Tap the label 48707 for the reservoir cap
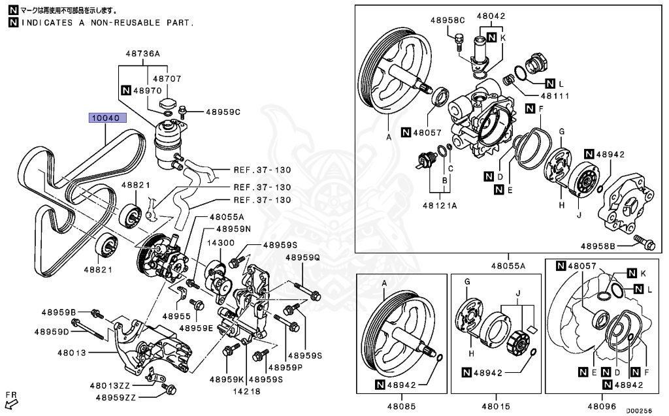(x=168, y=78)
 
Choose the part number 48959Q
(x=303, y=257)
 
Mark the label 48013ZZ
(x=116, y=385)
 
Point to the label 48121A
(x=443, y=204)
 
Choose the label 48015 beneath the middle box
(x=494, y=406)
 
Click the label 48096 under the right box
(x=602, y=406)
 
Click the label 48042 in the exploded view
(x=491, y=16)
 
